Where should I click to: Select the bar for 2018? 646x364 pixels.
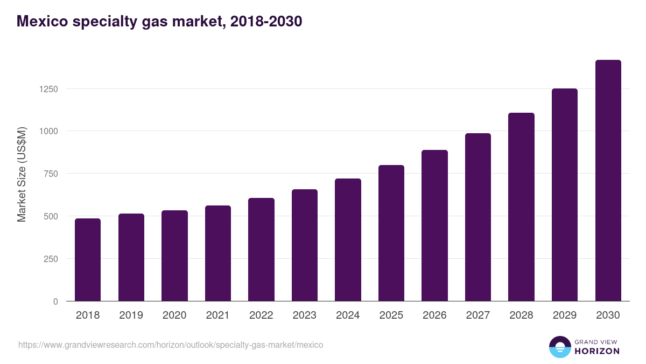tap(88, 260)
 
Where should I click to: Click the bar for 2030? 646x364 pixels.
tap(608, 181)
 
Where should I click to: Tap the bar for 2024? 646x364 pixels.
tap(348, 240)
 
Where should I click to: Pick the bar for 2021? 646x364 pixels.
tap(217, 253)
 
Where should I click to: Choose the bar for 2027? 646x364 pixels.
tap(478, 217)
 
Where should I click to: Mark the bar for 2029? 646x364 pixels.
tap(564, 195)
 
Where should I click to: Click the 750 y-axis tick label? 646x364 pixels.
tap(50, 174)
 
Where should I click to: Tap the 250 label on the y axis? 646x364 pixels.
tap(50, 259)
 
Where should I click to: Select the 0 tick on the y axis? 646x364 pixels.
tap(55, 301)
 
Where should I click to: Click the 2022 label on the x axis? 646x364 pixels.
tap(261, 315)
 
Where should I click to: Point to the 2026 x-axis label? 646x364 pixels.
tap(434, 315)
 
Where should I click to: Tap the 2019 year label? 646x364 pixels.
tap(131, 315)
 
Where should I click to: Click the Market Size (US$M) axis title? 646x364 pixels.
tap(22, 174)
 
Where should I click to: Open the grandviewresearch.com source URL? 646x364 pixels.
tap(171, 345)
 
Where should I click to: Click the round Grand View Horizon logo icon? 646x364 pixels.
tap(559, 347)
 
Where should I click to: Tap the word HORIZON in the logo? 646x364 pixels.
tap(597, 351)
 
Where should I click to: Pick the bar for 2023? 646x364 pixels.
tap(304, 245)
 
